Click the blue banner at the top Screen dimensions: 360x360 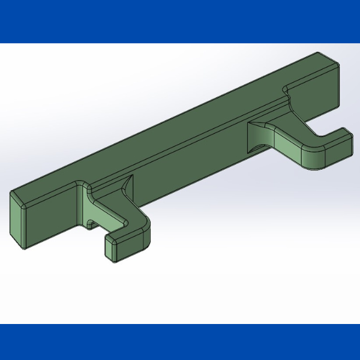[x=180, y=21]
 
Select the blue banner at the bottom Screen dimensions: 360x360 [x=180, y=342]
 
